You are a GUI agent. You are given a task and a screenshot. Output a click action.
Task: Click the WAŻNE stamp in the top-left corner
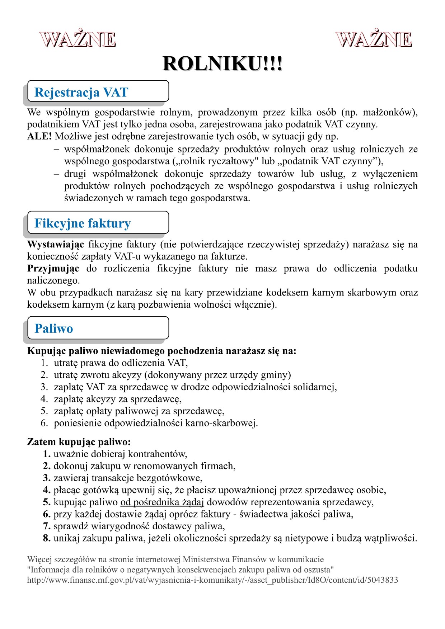(78, 39)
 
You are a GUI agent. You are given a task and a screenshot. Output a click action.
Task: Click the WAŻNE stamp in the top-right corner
(374, 39)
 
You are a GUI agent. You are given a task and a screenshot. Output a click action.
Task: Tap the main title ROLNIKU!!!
(222, 64)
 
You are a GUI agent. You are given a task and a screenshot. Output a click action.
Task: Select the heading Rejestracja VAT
(81, 93)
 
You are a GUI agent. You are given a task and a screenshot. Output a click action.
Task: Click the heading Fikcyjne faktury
(83, 223)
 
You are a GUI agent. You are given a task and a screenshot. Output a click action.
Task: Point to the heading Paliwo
(54, 328)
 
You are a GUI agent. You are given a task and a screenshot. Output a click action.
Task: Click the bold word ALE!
(39, 137)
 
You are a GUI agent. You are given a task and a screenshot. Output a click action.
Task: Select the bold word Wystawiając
(56, 245)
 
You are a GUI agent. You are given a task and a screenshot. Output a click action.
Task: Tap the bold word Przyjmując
(53, 269)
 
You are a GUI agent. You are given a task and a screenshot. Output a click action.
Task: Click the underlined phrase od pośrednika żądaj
(162, 502)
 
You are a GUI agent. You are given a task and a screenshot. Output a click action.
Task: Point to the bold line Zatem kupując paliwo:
(79, 442)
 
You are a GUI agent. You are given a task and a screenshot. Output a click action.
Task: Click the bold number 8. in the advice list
(47, 538)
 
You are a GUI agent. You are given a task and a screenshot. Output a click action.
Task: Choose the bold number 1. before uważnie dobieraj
(47, 454)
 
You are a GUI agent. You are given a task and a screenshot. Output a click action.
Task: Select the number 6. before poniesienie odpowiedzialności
(44, 423)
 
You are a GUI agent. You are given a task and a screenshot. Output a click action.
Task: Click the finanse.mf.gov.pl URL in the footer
(212, 580)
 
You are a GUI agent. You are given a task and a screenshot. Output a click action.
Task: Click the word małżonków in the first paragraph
(389, 113)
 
